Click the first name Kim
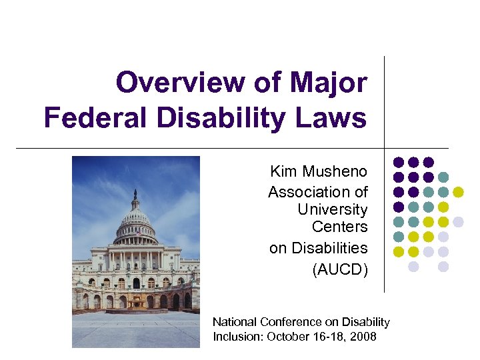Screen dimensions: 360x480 pyautogui.click(x=285, y=171)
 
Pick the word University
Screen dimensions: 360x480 pyautogui.click(x=333, y=209)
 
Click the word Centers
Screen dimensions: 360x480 pyautogui.click(x=340, y=227)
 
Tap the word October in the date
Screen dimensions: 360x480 pyautogui.click(x=287, y=336)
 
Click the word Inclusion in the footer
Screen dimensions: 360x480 pyautogui.click(x=237, y=336)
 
